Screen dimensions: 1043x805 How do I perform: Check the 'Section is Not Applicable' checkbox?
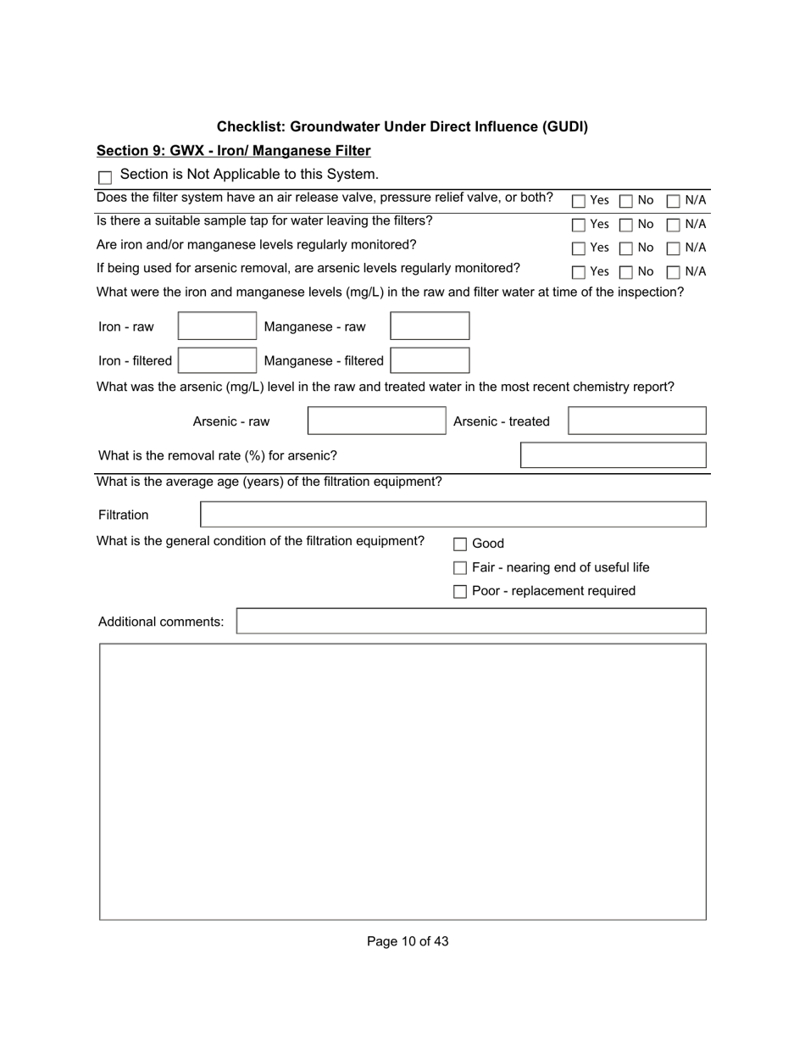(105, 178)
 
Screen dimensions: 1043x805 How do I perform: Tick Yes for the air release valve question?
(578, 202)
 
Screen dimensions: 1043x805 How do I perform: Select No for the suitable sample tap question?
(625, 226)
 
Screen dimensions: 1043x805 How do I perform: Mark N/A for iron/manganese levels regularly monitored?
(673, 248)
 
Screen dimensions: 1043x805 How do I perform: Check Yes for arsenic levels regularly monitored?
(578, 272)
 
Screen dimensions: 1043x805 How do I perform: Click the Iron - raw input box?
(216, 326)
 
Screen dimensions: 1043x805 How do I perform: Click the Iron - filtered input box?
(216, 360)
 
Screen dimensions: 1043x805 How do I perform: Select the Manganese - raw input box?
(430, 326)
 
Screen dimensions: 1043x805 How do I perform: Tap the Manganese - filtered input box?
(430, 360)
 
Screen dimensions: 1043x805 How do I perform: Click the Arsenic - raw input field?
(376, 421)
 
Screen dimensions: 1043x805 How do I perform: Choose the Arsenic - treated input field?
(636, 421)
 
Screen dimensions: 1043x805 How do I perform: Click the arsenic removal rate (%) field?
(613, 455)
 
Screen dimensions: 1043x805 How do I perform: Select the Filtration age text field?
(452, 515)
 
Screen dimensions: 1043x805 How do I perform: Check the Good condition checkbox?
(460, 544)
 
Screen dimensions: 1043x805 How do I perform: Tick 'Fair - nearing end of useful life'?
(460, 568)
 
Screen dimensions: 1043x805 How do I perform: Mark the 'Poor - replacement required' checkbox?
(460, 592)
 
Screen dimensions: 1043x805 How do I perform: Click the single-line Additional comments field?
(470, 622)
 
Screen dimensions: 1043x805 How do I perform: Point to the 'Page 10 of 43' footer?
(408, 941)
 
